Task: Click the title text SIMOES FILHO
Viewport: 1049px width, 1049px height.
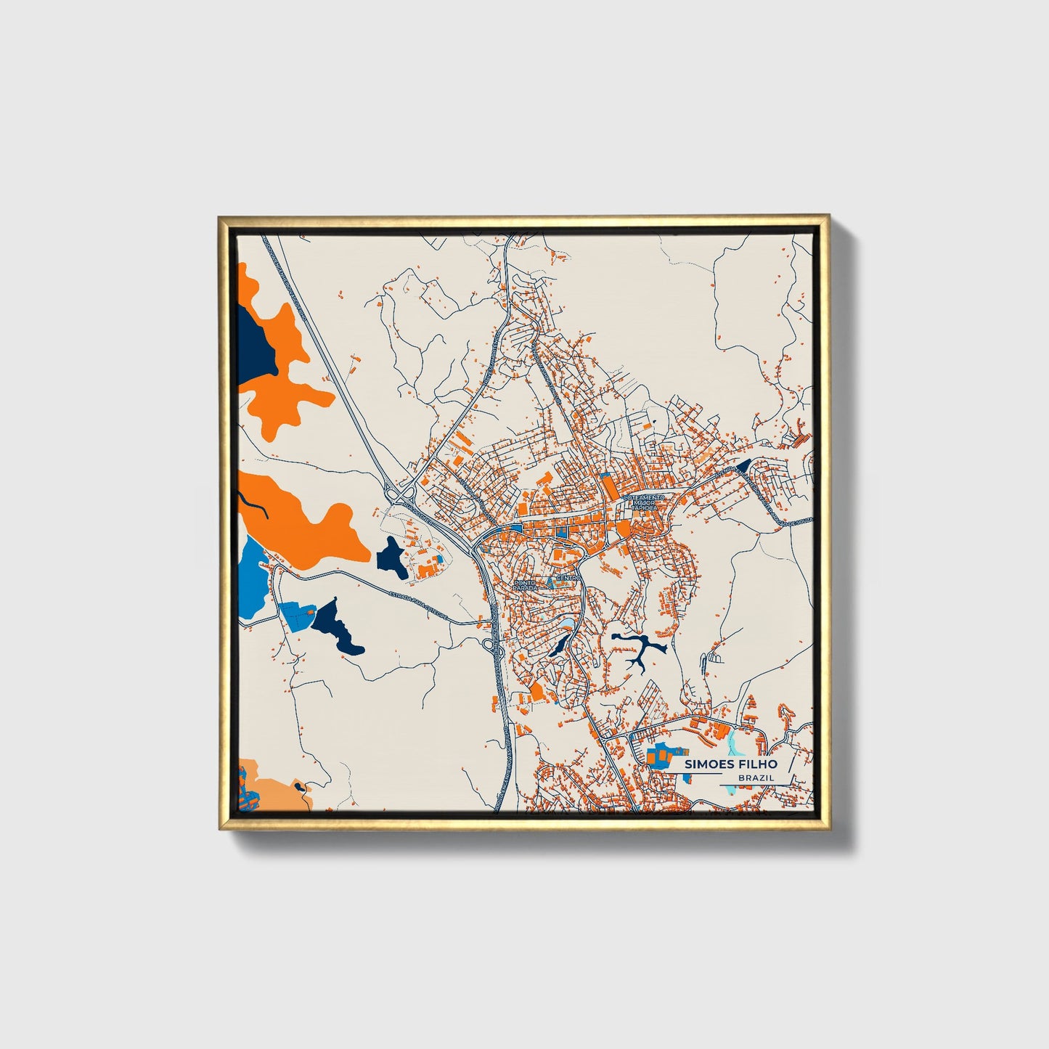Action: (x=730, y=764)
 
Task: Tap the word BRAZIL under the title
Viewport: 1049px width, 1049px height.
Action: (x=755, y=777)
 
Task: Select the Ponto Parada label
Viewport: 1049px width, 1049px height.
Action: (x=524, y=584)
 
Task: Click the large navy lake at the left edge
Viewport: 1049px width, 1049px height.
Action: (x=254, y=341)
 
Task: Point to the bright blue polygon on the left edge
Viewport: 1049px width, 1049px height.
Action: (x=250, y=577)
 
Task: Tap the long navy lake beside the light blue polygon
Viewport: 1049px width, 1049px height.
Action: (x=338, y=624)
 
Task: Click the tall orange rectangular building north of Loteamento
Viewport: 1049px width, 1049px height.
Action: (x=605, y=483)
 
